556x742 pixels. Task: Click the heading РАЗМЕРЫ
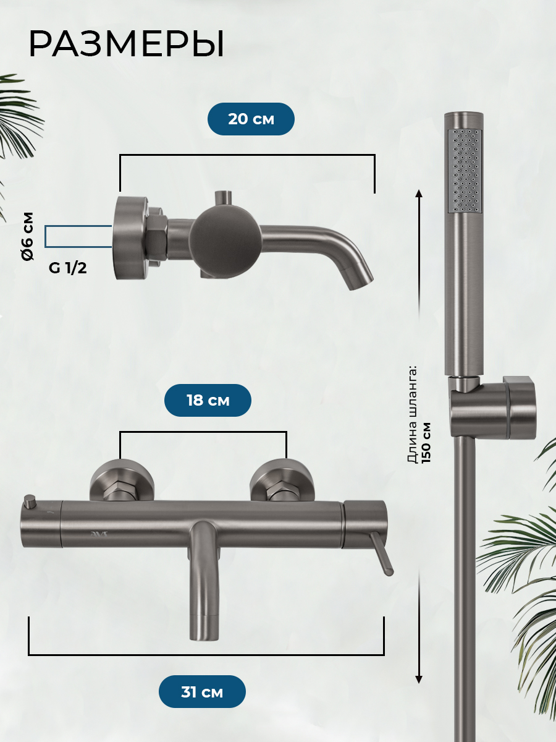126,45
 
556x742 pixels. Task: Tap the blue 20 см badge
251,119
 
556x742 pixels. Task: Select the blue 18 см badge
208,400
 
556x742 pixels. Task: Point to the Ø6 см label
28,236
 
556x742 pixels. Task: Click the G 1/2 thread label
67,268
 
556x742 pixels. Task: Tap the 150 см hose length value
426,443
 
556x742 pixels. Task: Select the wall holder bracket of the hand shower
494,407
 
